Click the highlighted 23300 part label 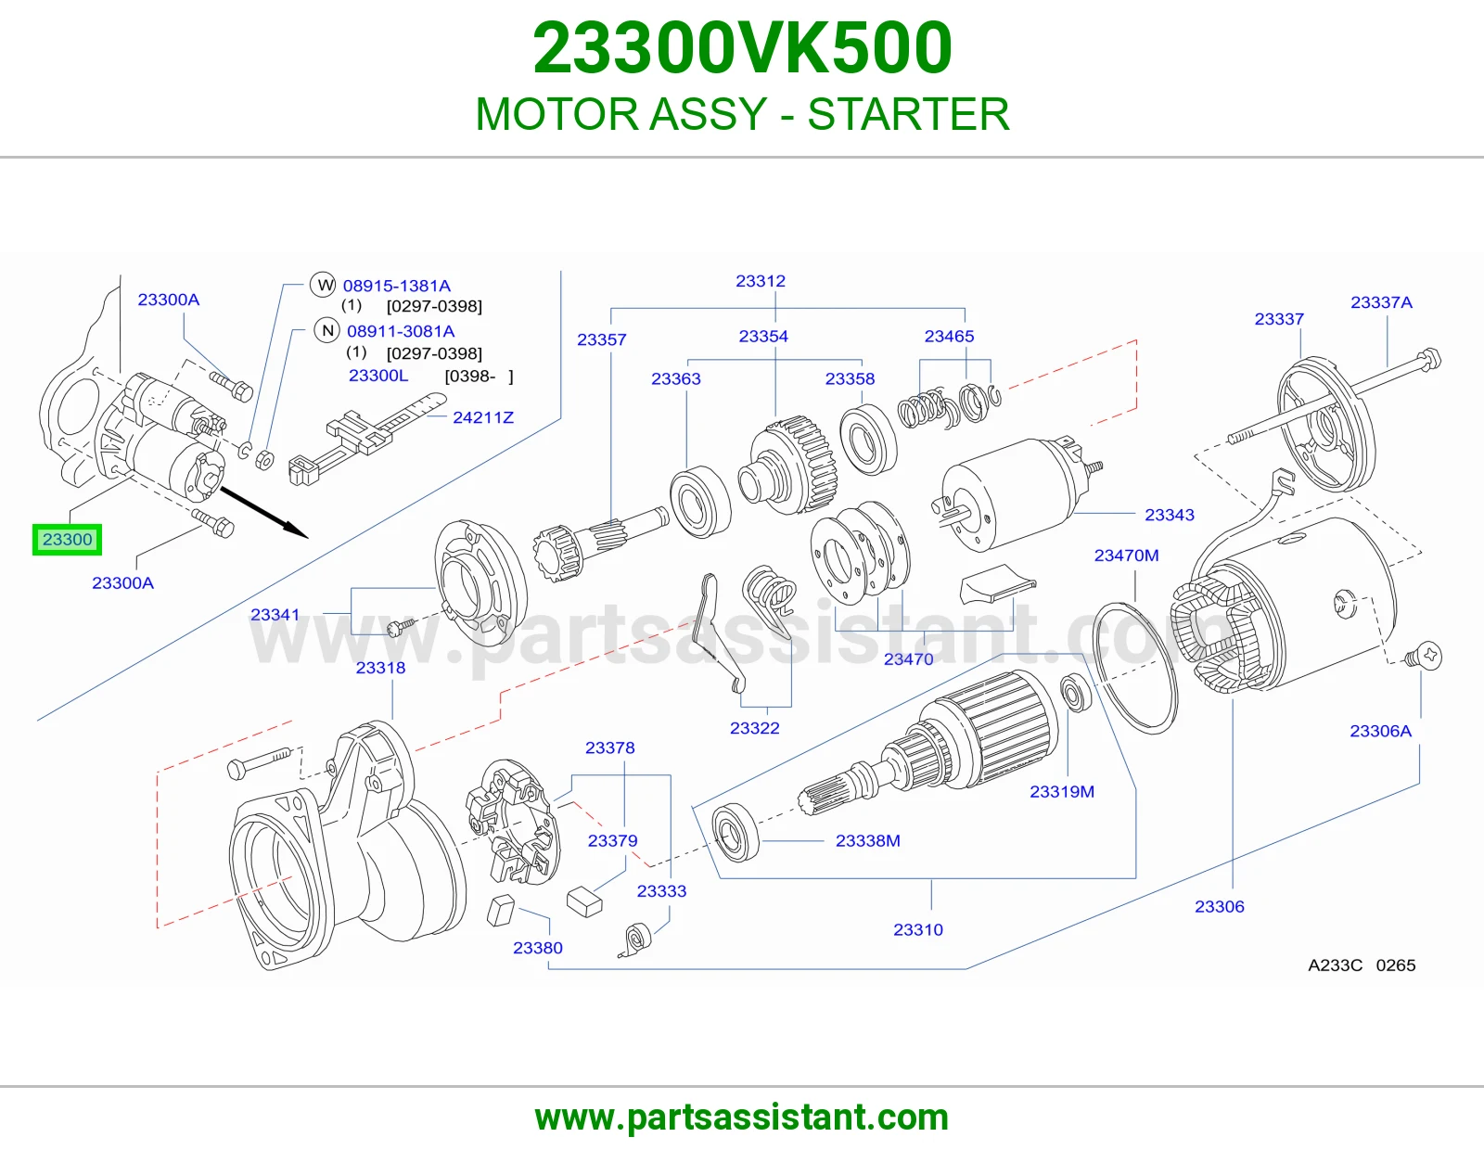67,540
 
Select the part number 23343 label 1170,515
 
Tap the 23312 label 761,281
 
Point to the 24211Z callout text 483,417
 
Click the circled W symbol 323,284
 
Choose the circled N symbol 327,330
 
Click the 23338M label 867,840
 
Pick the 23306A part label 1380,731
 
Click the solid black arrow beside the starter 263,512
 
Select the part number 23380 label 537,948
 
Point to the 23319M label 1061,791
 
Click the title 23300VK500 742,48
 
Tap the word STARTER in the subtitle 908,114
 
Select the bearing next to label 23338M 736,833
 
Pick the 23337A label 1381,301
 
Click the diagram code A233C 1335,965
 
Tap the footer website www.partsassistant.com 742,1118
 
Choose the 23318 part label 380,667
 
